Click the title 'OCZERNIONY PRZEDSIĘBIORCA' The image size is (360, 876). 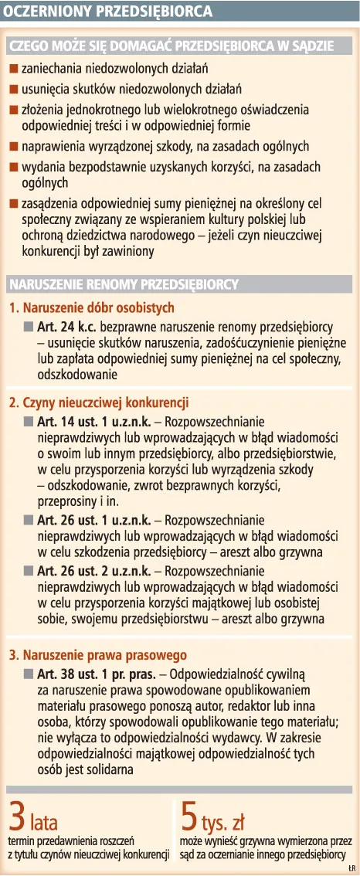tap(103, 12)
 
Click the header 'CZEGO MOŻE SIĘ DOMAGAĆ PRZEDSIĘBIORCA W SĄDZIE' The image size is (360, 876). tap(172, 46)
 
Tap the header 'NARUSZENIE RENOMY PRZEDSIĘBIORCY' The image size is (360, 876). tap(124, 284)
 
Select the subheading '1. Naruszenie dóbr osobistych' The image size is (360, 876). tap(92, 308)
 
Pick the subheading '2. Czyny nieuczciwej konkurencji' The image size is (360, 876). tap(99, 402)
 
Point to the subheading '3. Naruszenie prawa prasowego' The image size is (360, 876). tap(97, 655)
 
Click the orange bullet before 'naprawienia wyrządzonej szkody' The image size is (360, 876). tap(14, 145)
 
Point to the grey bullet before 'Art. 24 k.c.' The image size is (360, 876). tap(29, 328)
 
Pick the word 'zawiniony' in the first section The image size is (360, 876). tap(128, 251)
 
